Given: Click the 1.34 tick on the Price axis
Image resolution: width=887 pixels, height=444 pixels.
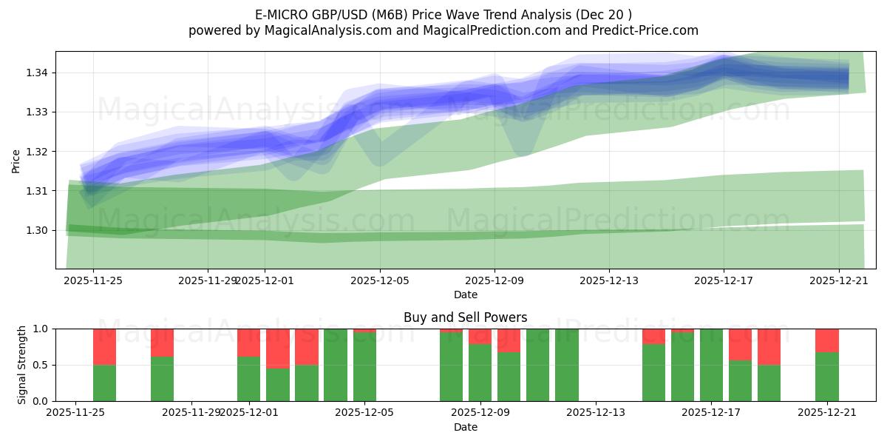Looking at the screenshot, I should coord(38,73).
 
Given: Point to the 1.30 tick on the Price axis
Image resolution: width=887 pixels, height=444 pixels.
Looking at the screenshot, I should coord(38,230).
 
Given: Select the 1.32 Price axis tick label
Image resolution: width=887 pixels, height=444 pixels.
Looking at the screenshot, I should coord(38,152).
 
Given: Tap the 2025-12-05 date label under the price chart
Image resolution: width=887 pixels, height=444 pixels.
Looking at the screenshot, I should coord(380,281).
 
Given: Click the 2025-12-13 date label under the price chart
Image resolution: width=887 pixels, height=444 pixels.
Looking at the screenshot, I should coord(609,281).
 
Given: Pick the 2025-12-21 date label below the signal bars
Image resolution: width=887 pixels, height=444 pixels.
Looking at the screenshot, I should coord(826,413).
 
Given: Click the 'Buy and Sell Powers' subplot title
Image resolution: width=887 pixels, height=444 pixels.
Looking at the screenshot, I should coord(465,317).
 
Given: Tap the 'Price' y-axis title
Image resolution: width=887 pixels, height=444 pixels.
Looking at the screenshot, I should coord(16,161).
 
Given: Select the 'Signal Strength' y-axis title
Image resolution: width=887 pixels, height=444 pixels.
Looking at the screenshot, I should coord(22,365).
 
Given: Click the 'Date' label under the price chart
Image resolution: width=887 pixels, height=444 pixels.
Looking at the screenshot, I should coord(465,295).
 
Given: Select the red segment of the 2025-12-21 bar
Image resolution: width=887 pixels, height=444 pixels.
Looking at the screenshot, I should coord(826,340).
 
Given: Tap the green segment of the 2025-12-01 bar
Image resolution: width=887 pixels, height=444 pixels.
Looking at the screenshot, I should coord(248,379).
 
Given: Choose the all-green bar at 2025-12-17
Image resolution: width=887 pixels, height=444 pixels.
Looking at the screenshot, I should coord(711,365).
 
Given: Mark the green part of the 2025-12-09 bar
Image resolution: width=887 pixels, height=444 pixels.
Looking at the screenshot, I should coord(480,373).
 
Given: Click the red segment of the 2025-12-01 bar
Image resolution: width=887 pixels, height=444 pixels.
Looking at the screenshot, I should coord(248,343).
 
